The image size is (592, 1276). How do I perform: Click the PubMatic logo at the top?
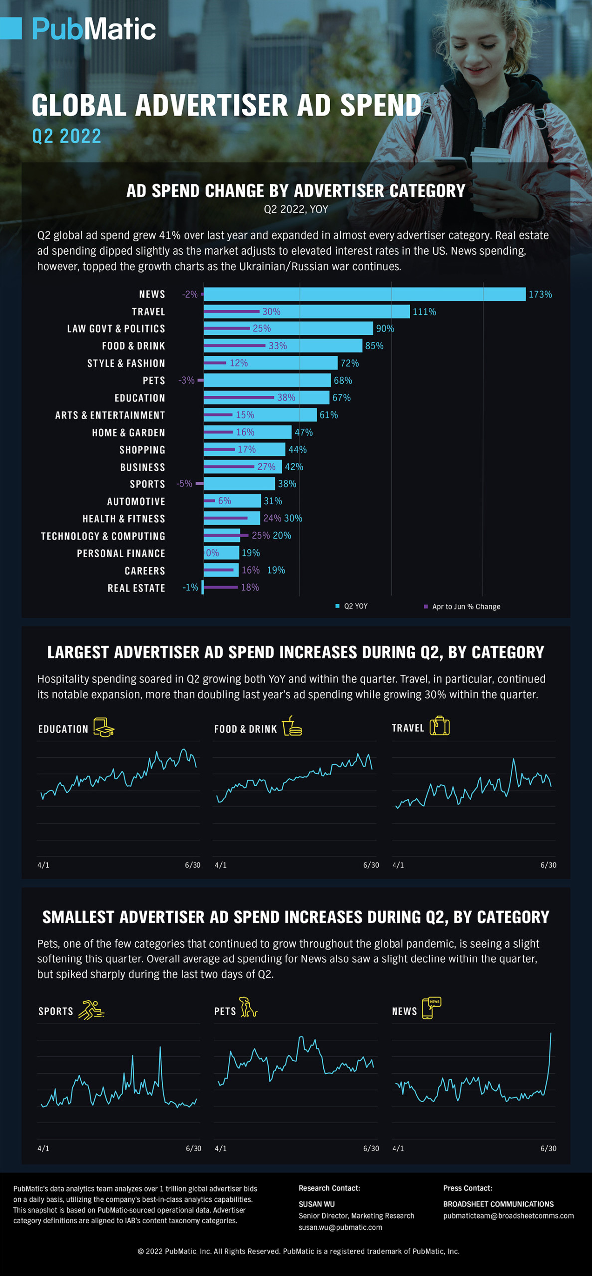[94, 29]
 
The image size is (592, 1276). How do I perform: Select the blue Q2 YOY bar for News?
[364, 294]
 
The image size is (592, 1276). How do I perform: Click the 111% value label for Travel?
[424, 312]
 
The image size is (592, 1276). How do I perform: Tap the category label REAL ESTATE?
[136, 588]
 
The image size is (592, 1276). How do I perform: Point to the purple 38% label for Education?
[286, 398]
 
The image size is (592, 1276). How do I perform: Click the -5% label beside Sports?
[184, 484]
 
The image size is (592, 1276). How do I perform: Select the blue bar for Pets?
[267, 380]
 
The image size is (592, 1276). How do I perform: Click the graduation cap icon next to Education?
[104, 728]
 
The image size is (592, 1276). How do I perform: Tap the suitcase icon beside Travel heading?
[439, 726]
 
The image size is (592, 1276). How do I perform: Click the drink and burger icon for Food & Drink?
[292, 726]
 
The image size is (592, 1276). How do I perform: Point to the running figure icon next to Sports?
[91, 1010]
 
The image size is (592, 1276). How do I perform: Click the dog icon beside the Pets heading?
[248, 1008]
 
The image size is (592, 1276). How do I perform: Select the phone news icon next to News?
[431, 1008]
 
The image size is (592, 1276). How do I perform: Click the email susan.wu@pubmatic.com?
[340, 1227]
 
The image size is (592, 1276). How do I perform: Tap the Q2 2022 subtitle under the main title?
[67, 136]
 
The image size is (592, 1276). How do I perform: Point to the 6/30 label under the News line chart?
[548, 1148]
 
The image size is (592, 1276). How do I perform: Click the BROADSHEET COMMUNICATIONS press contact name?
[498, 1204]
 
